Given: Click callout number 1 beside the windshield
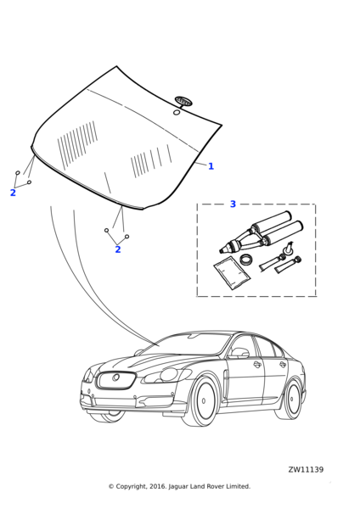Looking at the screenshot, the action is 211,166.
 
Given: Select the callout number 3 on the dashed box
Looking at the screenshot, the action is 233,204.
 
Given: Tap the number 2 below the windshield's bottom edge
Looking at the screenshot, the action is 118,249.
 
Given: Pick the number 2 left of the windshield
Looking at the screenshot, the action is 13,193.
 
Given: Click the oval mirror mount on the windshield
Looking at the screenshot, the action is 183,101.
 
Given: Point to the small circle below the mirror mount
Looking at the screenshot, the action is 177,112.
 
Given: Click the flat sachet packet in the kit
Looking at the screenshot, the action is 232,273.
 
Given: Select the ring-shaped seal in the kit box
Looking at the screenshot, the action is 246,260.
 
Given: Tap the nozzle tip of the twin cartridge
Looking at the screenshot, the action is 222,250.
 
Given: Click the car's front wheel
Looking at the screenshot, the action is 204,400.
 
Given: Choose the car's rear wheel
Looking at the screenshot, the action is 292,399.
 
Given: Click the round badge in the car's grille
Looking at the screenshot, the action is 115,378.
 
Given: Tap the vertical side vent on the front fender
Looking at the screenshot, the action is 225,383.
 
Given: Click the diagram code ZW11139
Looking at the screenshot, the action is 306,470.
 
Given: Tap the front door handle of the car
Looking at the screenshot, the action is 257,364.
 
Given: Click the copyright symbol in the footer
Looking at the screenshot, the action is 111,486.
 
